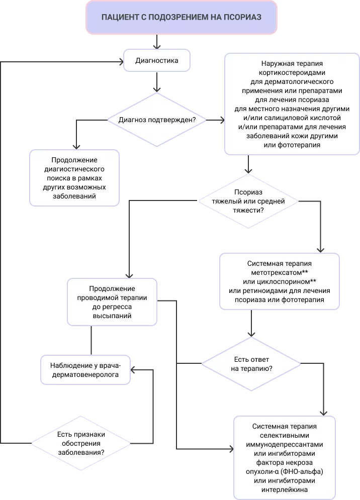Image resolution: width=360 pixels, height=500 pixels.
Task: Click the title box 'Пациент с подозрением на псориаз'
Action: point(181,17)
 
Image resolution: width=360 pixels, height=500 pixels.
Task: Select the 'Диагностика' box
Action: point(157,61)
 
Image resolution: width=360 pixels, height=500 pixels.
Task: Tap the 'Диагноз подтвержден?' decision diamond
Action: point(157,120)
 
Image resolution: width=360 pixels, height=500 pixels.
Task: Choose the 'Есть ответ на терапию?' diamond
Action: point(251,364)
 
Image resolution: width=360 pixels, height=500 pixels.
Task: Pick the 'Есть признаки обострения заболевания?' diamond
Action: point(81,444)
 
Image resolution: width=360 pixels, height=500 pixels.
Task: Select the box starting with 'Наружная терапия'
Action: point(292,104)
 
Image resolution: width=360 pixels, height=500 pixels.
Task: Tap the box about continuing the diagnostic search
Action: point(74,177)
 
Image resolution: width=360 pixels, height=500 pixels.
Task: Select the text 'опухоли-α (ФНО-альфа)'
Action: point(285,472)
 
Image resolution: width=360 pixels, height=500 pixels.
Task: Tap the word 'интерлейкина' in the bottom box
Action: point(285,489)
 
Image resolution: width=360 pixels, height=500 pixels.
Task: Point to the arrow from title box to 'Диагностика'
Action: point(157,41)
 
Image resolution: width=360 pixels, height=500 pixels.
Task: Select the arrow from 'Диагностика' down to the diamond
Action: point(157,81)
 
